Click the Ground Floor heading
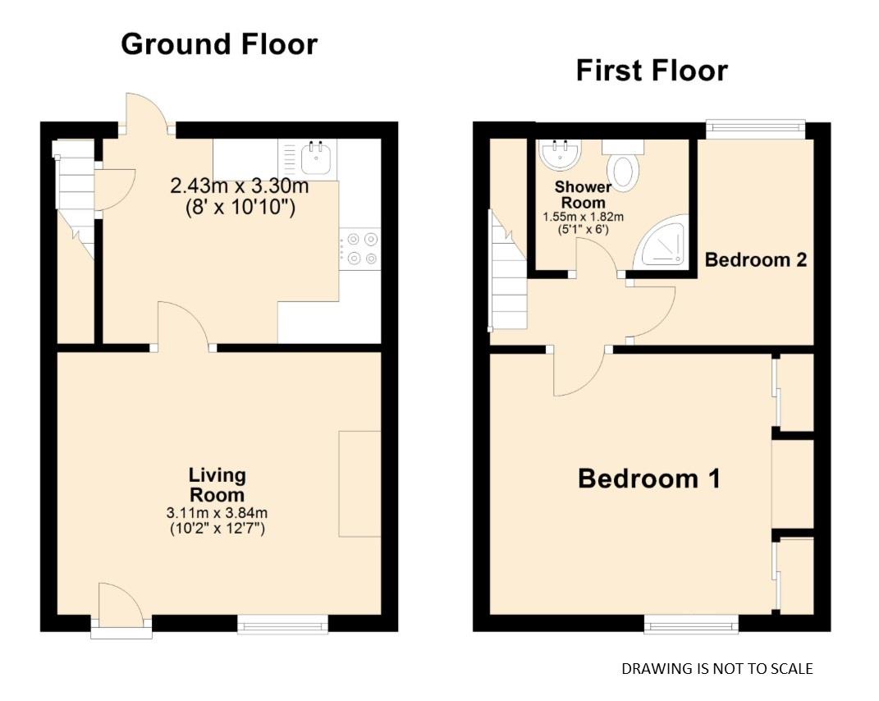click(218, 44)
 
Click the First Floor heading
click(651, 71)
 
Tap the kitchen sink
click(316, 157)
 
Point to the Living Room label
click(217, 485)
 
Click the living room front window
click(282, 626)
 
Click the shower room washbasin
click(560, 153)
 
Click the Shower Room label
click(583, 195)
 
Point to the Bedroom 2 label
click(756, 260)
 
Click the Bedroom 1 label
click(648, 478)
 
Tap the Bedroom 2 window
click(755, 126)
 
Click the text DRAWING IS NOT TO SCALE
click(716, 669)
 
